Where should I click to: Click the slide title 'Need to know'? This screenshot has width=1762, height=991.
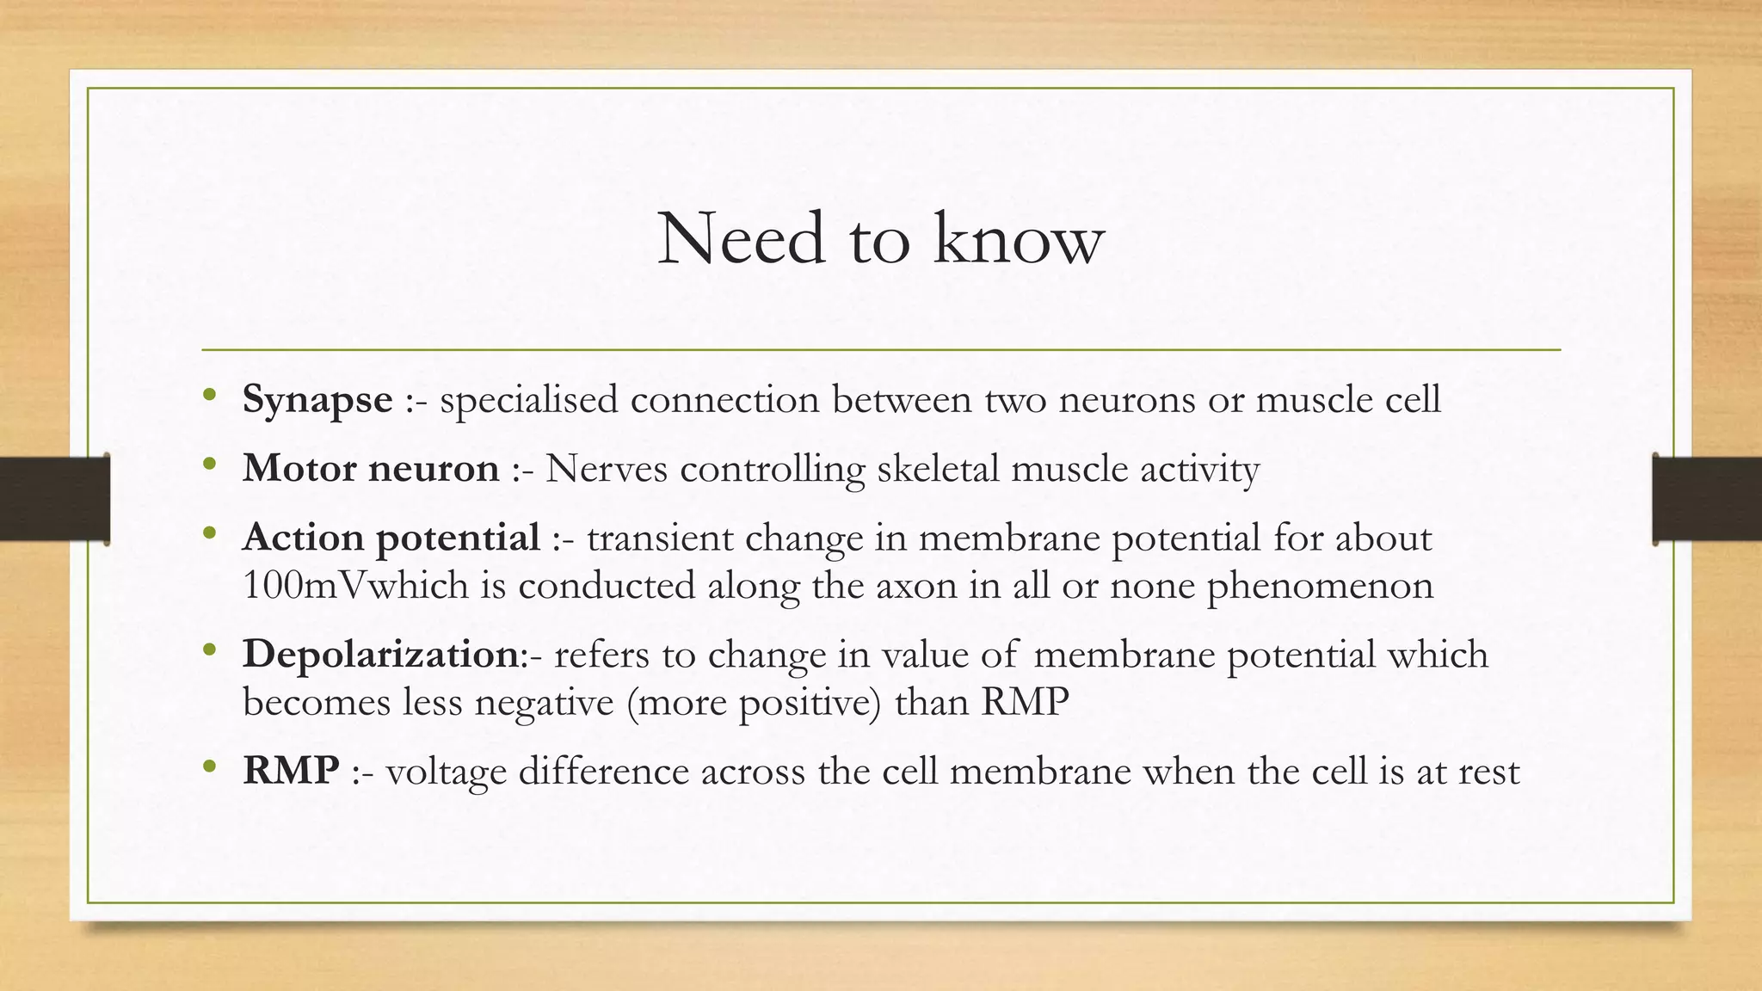pyautogui.click(x=880, y=239)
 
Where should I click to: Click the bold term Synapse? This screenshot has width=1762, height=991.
pyautogui.click(x=317, y=400)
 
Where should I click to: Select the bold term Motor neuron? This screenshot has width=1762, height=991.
pyautogui.click(x=371, y=469)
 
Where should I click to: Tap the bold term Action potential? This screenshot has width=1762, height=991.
pyautogui.click(x=391, y=539)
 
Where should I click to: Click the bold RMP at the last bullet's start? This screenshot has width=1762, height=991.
pyautogui.click(x=291, y=771)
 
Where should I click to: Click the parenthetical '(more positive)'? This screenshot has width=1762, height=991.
pyautogui.click(x=755, y=703)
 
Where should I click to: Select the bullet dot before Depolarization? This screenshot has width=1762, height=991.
pyautogui.click(x=209, y=651)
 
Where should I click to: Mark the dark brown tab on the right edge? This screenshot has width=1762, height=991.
pyautogui.click(x=1707, y=499)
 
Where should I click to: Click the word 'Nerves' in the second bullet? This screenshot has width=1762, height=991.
pyautogui.click(x=606, y=469)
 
